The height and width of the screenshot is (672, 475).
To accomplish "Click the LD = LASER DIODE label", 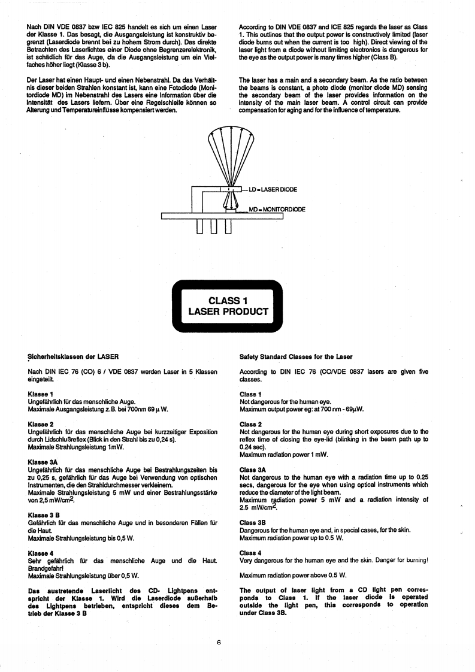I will point(273,190).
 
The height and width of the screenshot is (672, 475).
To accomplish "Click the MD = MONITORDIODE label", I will point(277,210).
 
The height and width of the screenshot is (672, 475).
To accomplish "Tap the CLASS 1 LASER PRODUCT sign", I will point(228,305).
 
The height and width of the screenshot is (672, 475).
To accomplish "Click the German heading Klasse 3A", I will point(41,462).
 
